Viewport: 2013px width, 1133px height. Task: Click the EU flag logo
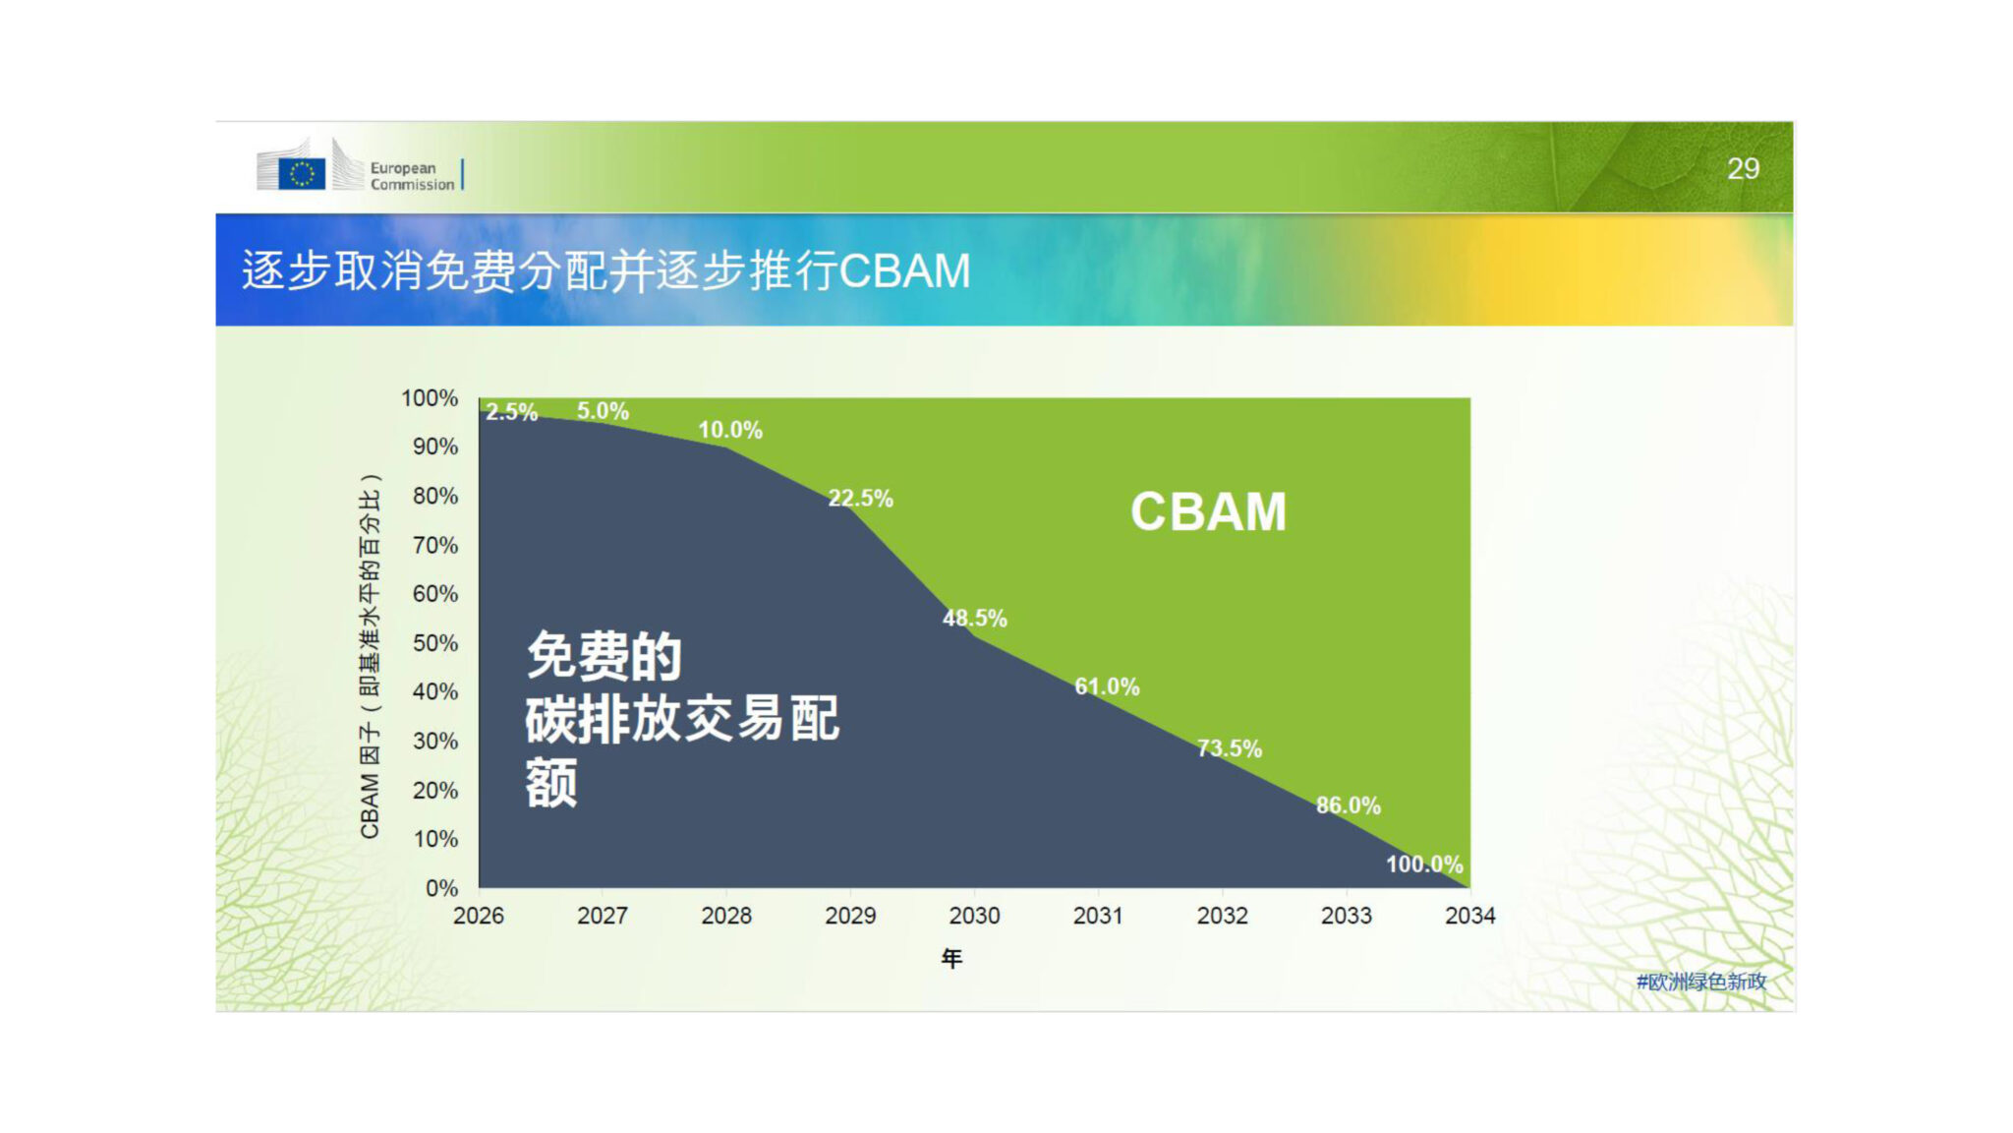point(302,173)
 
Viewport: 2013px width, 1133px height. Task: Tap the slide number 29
point(1743,169)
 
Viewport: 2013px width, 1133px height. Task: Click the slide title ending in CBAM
point(606,270)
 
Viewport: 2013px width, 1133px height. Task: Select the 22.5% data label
point(860,499)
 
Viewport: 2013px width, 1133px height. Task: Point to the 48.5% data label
point(974,619)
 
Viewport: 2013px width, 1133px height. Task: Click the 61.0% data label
point(1107,686)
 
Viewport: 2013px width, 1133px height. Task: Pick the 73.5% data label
point(1229,748)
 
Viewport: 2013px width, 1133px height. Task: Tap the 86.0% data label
point(1349,805)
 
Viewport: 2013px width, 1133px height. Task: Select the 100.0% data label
point(1424,865)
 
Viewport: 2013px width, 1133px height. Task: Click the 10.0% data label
point(730,430)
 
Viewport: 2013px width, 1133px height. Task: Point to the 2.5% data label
point(511,412)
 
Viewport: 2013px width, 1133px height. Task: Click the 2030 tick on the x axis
point(974,916)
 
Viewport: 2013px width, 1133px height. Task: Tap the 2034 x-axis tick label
point(1469,916)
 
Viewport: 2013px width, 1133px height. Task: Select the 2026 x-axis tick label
point(479,916)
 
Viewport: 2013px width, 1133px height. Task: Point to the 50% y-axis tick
point(435,643)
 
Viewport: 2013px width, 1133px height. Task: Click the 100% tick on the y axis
point(430,398)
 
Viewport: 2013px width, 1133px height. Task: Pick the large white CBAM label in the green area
point(1208,512)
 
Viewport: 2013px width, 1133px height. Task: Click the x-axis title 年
point(951,958)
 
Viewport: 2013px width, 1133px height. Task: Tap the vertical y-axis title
point(370,656)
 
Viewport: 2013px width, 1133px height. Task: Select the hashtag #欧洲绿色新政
point(1701,982)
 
